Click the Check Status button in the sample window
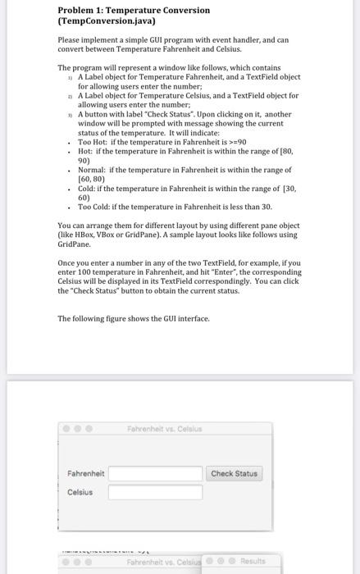point(234,473)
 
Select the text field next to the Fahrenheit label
point(155,474)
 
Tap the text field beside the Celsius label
point(155,492)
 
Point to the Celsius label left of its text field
point(80,492)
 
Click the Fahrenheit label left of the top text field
point(86,474)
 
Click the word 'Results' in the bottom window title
point(253,562)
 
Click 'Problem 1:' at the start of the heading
point(80,10)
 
